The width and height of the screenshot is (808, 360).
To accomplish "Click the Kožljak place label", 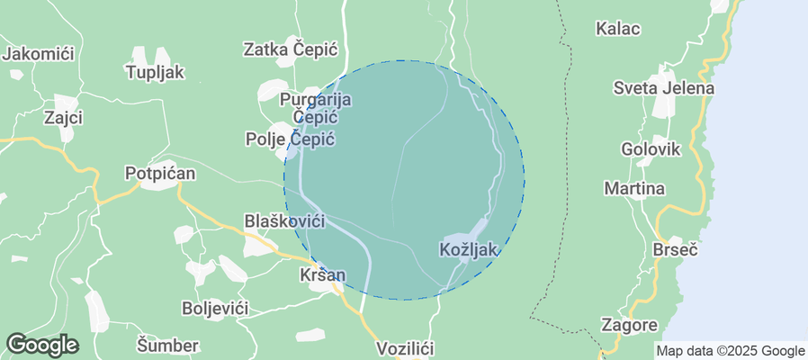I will coord(469,248).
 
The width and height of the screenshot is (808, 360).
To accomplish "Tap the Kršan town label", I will coord(321,273).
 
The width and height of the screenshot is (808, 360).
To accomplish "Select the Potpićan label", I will coord(155,173).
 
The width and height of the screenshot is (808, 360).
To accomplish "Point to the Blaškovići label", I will coord(284,220).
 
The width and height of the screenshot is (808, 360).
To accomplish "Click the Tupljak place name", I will coord(156,72).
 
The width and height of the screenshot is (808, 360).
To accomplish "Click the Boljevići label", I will coord(214,308).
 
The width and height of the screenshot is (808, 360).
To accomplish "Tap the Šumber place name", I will coord(167,345).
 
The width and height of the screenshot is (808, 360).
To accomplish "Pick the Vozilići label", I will coord(405,347).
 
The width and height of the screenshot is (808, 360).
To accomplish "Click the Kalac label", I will coord(618,28).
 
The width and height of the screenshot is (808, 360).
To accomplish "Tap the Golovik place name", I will coord(651,148).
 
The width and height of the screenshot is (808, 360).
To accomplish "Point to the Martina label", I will coord(634,189).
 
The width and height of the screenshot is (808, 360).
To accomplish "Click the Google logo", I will coord(42,345).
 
